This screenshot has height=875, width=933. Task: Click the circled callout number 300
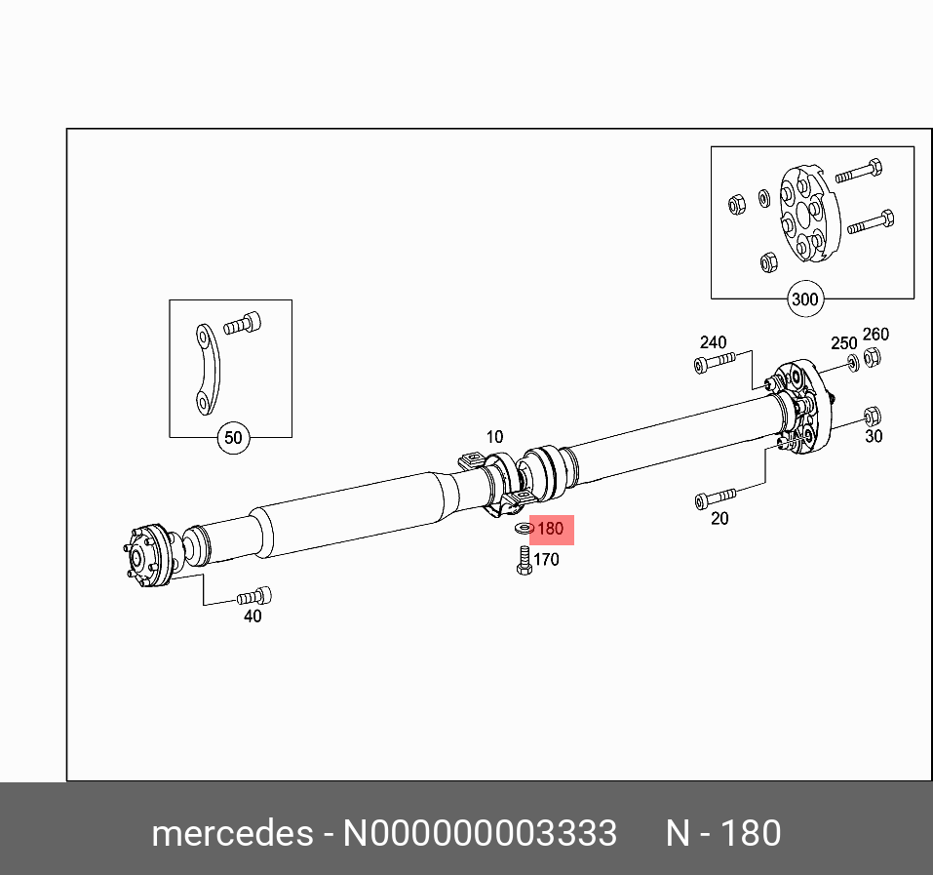tap(804, 299)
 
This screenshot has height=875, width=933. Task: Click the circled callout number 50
tap(233, 438)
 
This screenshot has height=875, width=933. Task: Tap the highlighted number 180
tap(551, 529)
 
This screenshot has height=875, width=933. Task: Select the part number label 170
tap(546, 560)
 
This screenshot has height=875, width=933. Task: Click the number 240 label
tap(713, 342)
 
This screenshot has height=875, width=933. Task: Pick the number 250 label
tap(843, 343)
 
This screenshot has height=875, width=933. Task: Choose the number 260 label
tap(875, 335)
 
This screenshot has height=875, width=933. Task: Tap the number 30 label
tap(874, 436)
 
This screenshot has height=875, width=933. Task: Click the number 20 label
tap(719, 519)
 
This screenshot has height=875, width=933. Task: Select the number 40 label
tap(253, 616)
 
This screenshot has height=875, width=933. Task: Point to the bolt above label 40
tap(254, 595)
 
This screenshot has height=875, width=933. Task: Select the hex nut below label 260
tap(874, 358)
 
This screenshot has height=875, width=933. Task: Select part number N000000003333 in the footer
tap(478, 834)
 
